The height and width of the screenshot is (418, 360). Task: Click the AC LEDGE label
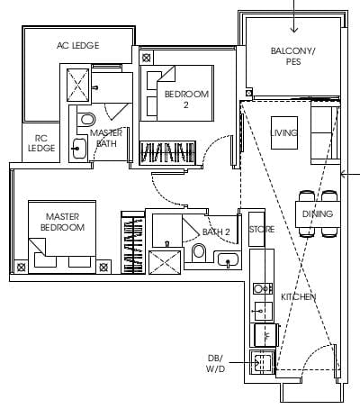tap(77, 45)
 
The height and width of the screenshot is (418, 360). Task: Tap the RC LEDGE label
tap(41, 143)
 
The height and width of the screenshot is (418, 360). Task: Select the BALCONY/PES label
tap(293, 56)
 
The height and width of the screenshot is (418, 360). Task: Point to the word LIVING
tap(283, 132)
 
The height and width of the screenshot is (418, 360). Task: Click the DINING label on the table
tap(318, 214)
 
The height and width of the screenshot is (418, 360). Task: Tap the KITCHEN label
tap(299, 296)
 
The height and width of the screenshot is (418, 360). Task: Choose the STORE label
tap(262, 230)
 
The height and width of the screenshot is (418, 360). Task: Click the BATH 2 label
tap(216, 232)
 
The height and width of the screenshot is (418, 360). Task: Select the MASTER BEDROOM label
tap(62, 222)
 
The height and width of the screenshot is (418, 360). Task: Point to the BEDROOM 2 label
tap(186, 99)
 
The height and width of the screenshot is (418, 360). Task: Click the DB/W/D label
tap(215, 363)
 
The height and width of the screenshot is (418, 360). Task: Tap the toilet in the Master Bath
tap(86, 120)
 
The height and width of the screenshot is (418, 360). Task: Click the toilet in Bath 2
tap(199, 251)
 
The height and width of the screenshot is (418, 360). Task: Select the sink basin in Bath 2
tap(228, 259)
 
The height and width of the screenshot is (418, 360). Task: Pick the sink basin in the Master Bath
tap(79, 148)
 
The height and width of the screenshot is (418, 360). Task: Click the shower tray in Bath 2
tap(165, 262)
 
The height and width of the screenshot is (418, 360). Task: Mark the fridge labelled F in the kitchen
tap(265, 335)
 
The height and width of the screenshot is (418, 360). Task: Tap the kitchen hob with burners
tap(263, 289)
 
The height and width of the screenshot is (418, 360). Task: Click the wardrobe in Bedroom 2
tap(167, 153)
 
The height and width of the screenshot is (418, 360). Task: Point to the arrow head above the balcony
tap(294, 30)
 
